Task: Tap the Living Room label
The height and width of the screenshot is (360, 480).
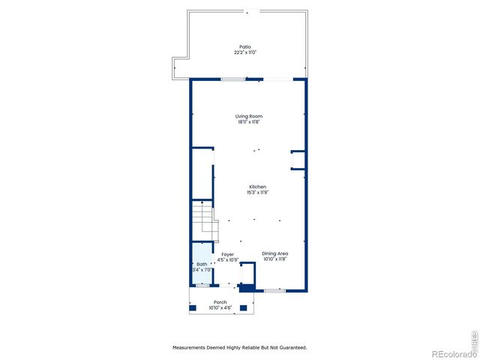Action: coord(248,116)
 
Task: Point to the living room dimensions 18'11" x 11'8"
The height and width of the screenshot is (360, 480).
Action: coord(248,122)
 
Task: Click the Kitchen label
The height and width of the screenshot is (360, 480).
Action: coord(257,187)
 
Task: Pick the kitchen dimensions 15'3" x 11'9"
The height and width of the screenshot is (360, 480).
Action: coord(257,193)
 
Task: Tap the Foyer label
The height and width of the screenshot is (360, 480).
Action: coord(227,254)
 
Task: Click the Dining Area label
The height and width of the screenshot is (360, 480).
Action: coord(275,253)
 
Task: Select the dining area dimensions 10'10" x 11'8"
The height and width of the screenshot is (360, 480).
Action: coord(275,259)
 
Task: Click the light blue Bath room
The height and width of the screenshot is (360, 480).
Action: coord(201,264)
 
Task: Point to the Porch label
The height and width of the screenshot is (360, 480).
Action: coord(220,302)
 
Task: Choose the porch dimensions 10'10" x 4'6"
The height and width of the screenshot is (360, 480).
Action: coord(220,307)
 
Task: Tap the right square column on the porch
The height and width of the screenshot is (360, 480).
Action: coord(248,307)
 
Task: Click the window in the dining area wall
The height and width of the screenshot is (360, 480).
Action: coord(274,290)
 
